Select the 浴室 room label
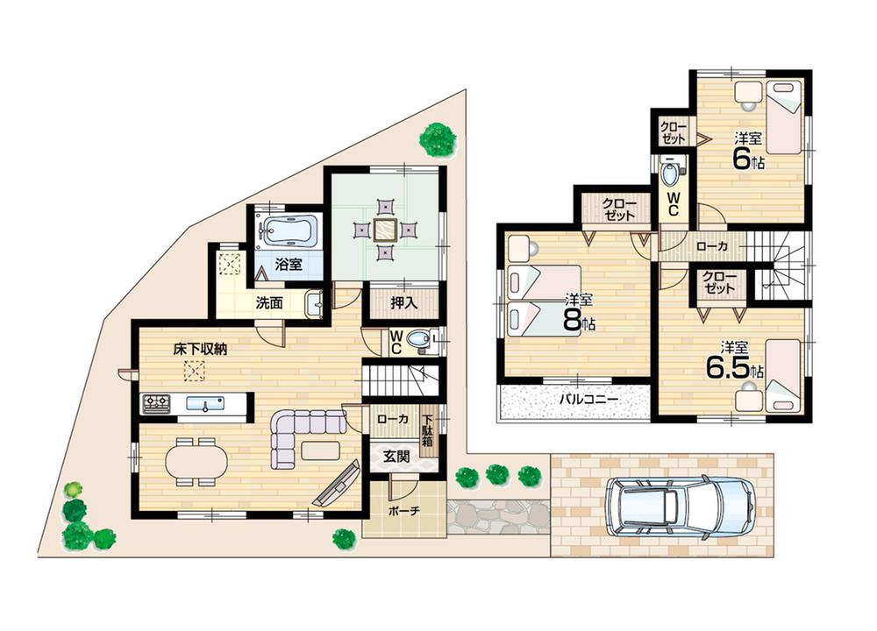point(289,265)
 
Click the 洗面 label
point(268,304)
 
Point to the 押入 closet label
point(390,302)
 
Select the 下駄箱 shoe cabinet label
point(430,430)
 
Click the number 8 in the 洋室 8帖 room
point(573,321)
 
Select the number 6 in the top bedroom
point(743,159)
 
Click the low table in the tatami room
point(384,230)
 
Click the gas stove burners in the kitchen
point(156,404)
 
